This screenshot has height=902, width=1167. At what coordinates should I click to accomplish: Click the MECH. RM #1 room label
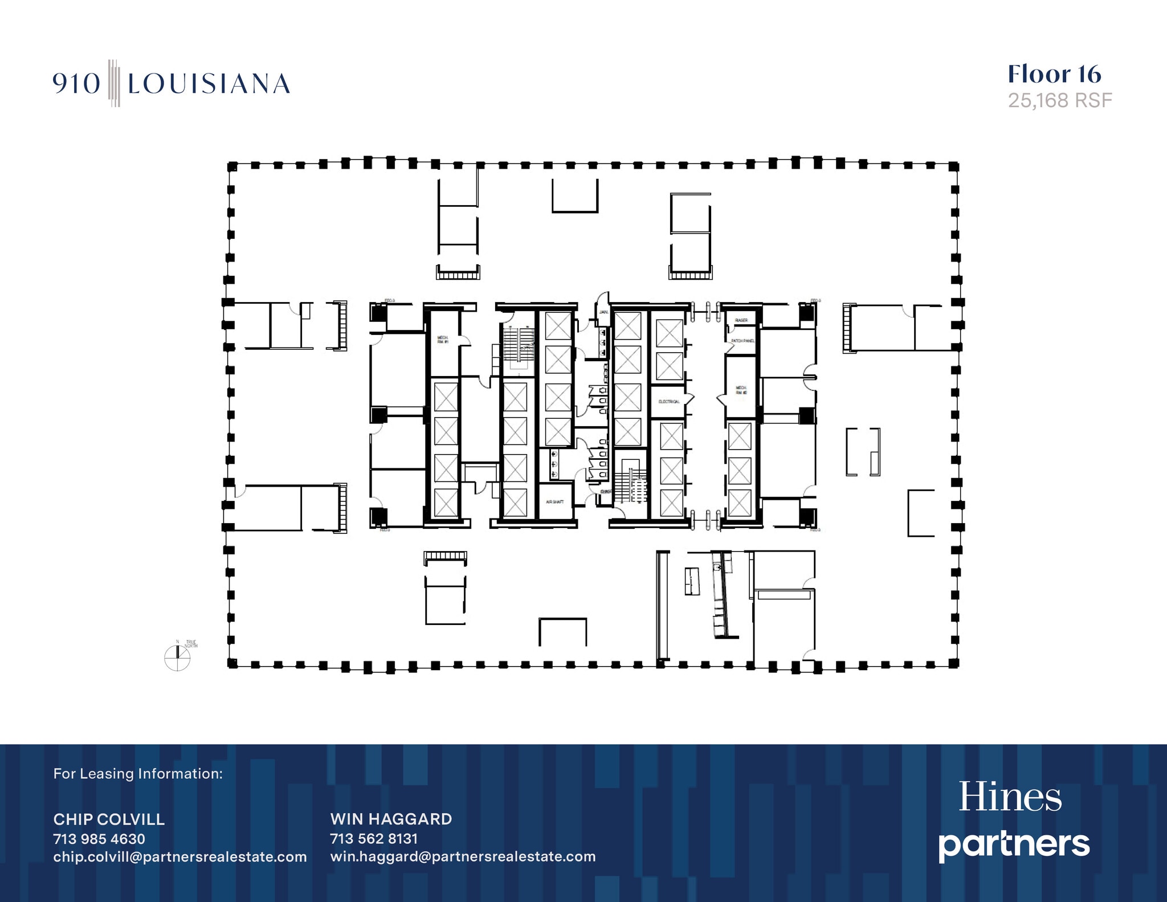point(443,340)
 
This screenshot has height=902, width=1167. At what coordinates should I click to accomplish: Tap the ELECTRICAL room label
point(669,402)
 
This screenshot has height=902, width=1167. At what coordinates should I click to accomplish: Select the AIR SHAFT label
point(554,502)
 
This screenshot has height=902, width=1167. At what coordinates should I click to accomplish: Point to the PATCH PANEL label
point(742,341)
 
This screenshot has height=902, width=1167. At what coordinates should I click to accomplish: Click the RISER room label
point(741,320)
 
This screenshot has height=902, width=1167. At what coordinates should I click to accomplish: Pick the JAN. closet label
point(603,312)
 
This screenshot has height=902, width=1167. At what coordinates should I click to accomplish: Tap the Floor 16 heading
point(1054,75)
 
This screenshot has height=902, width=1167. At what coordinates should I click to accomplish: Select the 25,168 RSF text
point(1060,101)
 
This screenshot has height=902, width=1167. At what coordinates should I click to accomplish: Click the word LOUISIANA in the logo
point(209,84)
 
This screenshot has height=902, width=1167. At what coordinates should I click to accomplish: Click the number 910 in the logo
point(76,84)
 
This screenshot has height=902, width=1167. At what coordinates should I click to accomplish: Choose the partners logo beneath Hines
point(1014,844)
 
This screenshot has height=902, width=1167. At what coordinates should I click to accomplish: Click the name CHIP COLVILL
point(109,819)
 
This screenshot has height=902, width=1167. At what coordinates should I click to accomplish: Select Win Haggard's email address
point(463,857)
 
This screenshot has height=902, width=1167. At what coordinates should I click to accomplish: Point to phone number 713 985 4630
point(99,839)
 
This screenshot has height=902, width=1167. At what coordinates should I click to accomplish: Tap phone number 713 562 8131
point(374,839)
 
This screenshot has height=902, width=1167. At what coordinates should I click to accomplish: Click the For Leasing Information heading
point(138,774)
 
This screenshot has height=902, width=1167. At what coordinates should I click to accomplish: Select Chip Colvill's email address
point(180,857)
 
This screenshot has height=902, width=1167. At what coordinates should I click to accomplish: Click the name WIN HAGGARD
point(391,819)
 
